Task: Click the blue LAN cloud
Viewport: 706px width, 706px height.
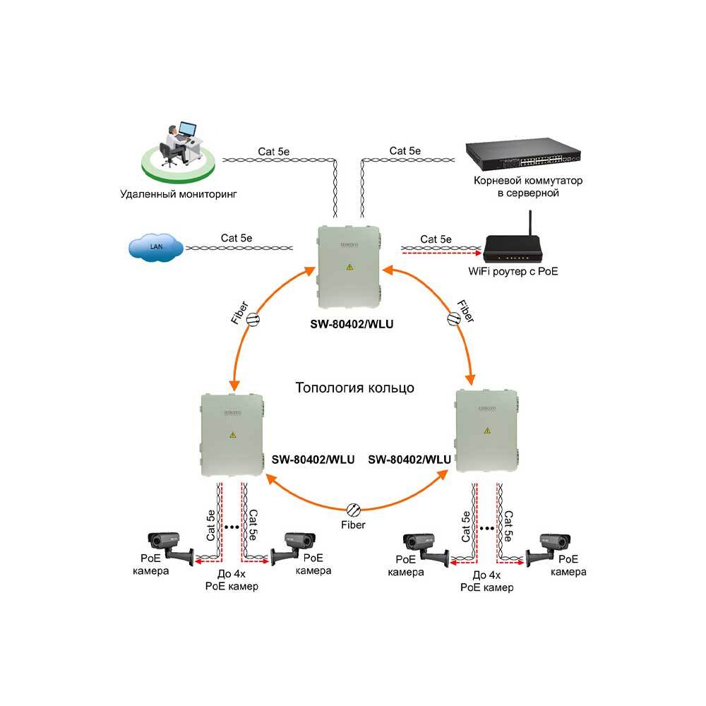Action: click(x=156, y=248)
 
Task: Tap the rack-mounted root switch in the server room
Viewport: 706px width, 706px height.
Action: click(x=522, y=156)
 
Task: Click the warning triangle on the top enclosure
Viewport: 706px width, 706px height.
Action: click(x=348, y=268)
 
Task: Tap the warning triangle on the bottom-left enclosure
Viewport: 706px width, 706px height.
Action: click(x=232, y=436)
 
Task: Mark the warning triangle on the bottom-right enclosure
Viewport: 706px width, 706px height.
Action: click(x=487, y=431)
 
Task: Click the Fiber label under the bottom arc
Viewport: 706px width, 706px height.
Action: click(x=353, y=525)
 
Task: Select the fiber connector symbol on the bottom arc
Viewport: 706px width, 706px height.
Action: click(x=354, y=508)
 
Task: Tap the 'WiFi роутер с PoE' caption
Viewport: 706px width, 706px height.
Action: click(x=517, y=271)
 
